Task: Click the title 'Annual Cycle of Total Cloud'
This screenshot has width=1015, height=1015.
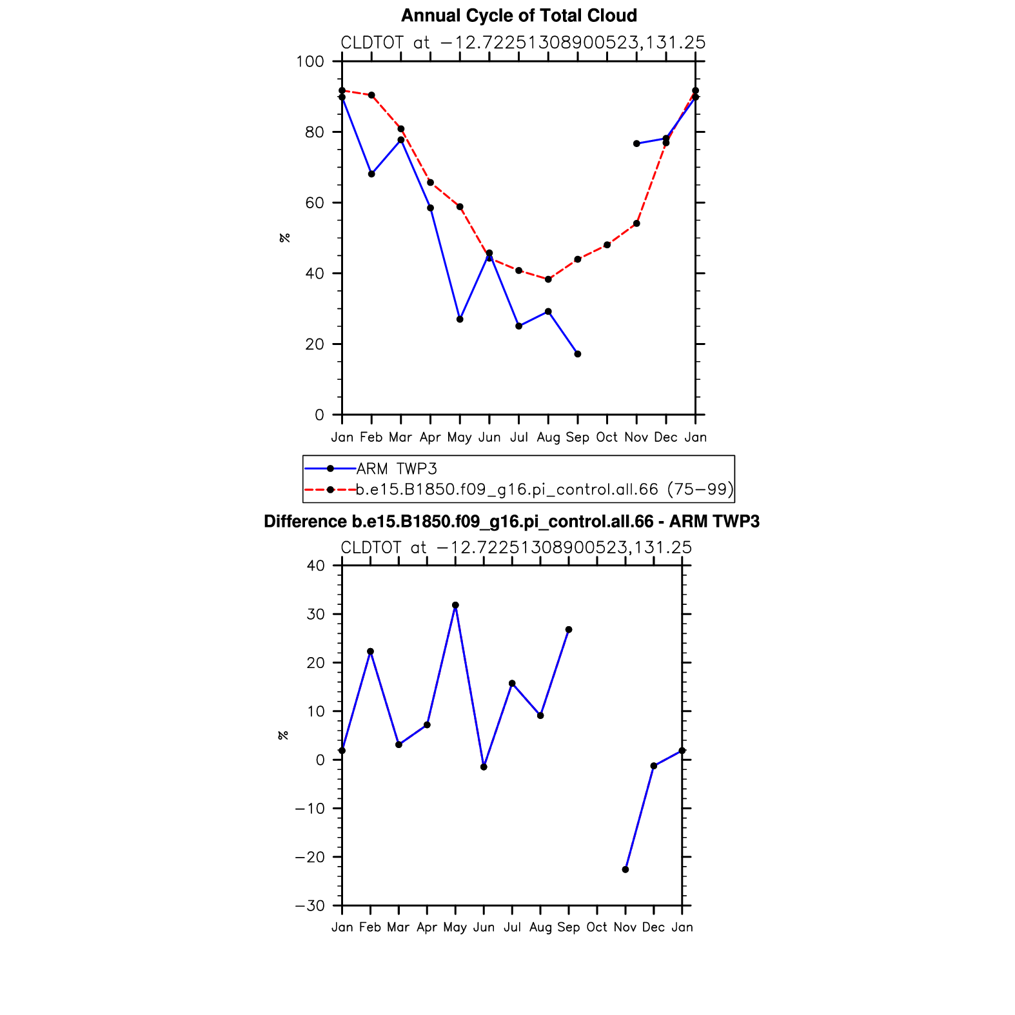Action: pos(518,15)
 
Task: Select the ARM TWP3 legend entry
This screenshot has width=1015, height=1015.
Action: pos(397,469)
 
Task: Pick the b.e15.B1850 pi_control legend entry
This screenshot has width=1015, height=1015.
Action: pos(544,489)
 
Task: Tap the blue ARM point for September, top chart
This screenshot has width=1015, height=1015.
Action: pos(578,354)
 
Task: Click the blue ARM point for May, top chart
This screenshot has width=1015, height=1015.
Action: pos(460,319)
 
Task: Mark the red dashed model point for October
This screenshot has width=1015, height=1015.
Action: pos(607,245)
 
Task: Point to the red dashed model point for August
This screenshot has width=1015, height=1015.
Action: pos(548,279)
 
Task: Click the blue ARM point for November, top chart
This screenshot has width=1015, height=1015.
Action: pos(636,144)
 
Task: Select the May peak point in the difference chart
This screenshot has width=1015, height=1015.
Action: pos(455,606)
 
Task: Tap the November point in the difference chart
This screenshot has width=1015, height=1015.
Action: pos(626,869)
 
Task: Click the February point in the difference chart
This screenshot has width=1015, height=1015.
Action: pos(370,651)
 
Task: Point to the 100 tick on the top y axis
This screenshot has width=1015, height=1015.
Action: pos(310,62)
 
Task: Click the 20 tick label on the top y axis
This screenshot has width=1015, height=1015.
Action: pos(315,344)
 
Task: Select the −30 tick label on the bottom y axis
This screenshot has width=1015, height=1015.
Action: pos(310,906)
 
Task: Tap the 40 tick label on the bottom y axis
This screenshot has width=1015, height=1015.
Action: pos(316,566)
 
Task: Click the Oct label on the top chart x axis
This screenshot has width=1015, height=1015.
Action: pos(607,437)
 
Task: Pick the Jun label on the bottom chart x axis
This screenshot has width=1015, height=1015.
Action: pos(484,927)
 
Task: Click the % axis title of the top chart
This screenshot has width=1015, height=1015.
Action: pos(284,237)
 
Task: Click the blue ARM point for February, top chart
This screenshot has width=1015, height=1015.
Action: pos(371,174)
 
